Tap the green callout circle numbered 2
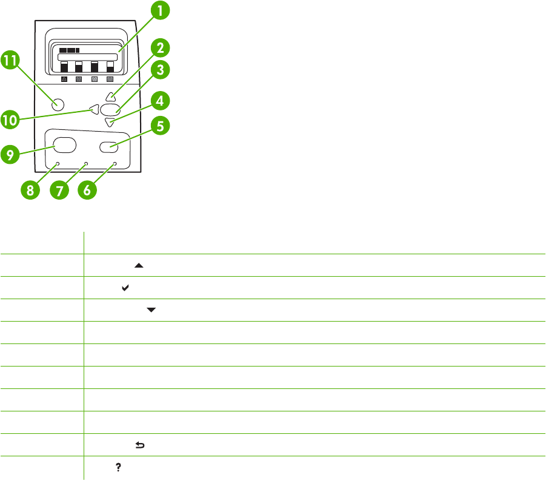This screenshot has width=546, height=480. [160, 49]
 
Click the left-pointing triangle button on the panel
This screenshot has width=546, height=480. [93, 109]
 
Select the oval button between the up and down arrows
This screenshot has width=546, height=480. [110, 110]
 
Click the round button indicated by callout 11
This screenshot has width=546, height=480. [58, 104]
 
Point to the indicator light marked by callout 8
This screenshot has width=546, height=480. [58, 164]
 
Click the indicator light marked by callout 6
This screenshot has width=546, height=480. [115, 164]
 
